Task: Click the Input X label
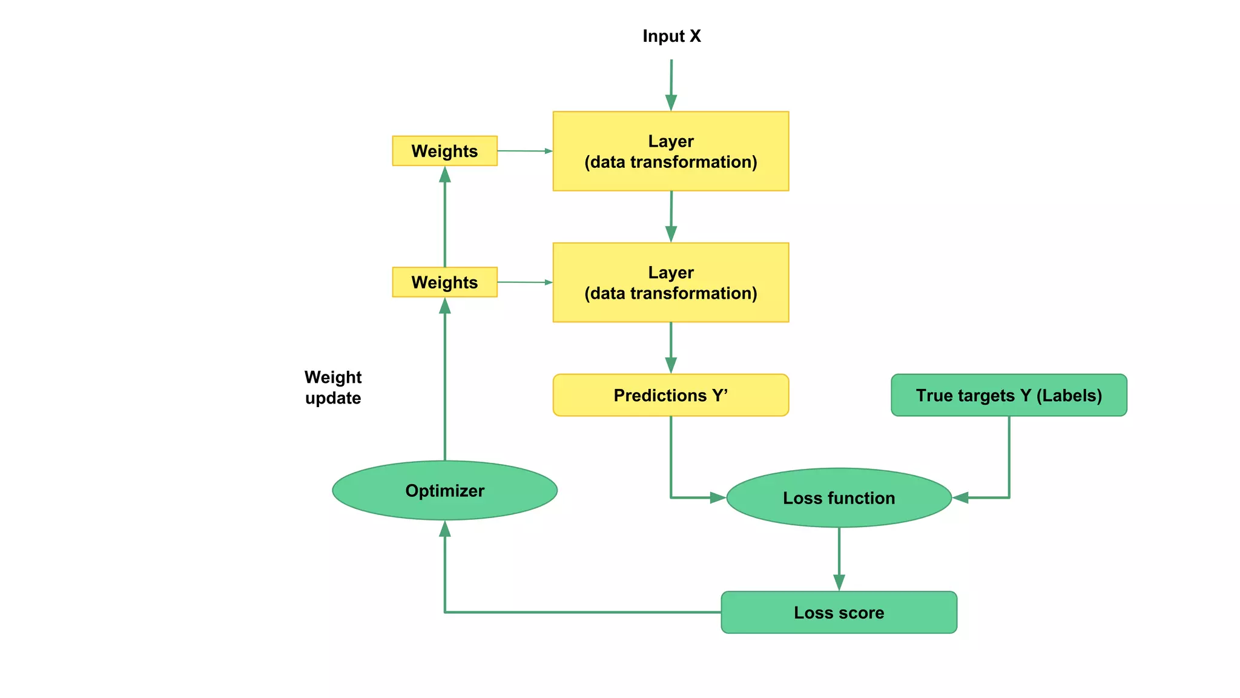pyautogui.click(x=671, y=36)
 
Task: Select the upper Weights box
pyautogui.click(x=444, y=151)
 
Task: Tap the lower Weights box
pyautogui.click(x=444, y=282)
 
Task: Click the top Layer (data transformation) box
pyautogui.click(x=670, y=151)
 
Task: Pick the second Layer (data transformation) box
pyautogui.click(x=670, y=283)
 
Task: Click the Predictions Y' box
pyautogui.click(x=670, y=395)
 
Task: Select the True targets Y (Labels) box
pyautogui.click(x=1008, y=395)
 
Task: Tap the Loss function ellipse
pyautogui.click(x=839, y=497)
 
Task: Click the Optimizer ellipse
pyautogui.click(x=444, y=490)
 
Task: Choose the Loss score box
pyautogui.click(x=839, y=613)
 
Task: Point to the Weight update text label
pyautogui.click(x=333, y=387)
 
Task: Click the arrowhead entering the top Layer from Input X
pyautogui.click(x=671, y=102)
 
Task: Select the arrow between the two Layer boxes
pyautogui.click(x=671, y=217)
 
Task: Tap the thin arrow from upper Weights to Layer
pyautogui.click(x=524, y=151)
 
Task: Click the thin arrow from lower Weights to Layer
pyautogui.click(x=524, y=282)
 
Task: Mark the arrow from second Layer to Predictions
pyautogui.click(x=671, y=348)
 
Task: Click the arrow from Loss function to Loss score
pyautogui.click(x=839, y=559)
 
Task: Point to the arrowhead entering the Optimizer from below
pyautogui.click(x=445, y=529)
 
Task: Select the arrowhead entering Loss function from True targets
pyautogui.click(x=961, y=497)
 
